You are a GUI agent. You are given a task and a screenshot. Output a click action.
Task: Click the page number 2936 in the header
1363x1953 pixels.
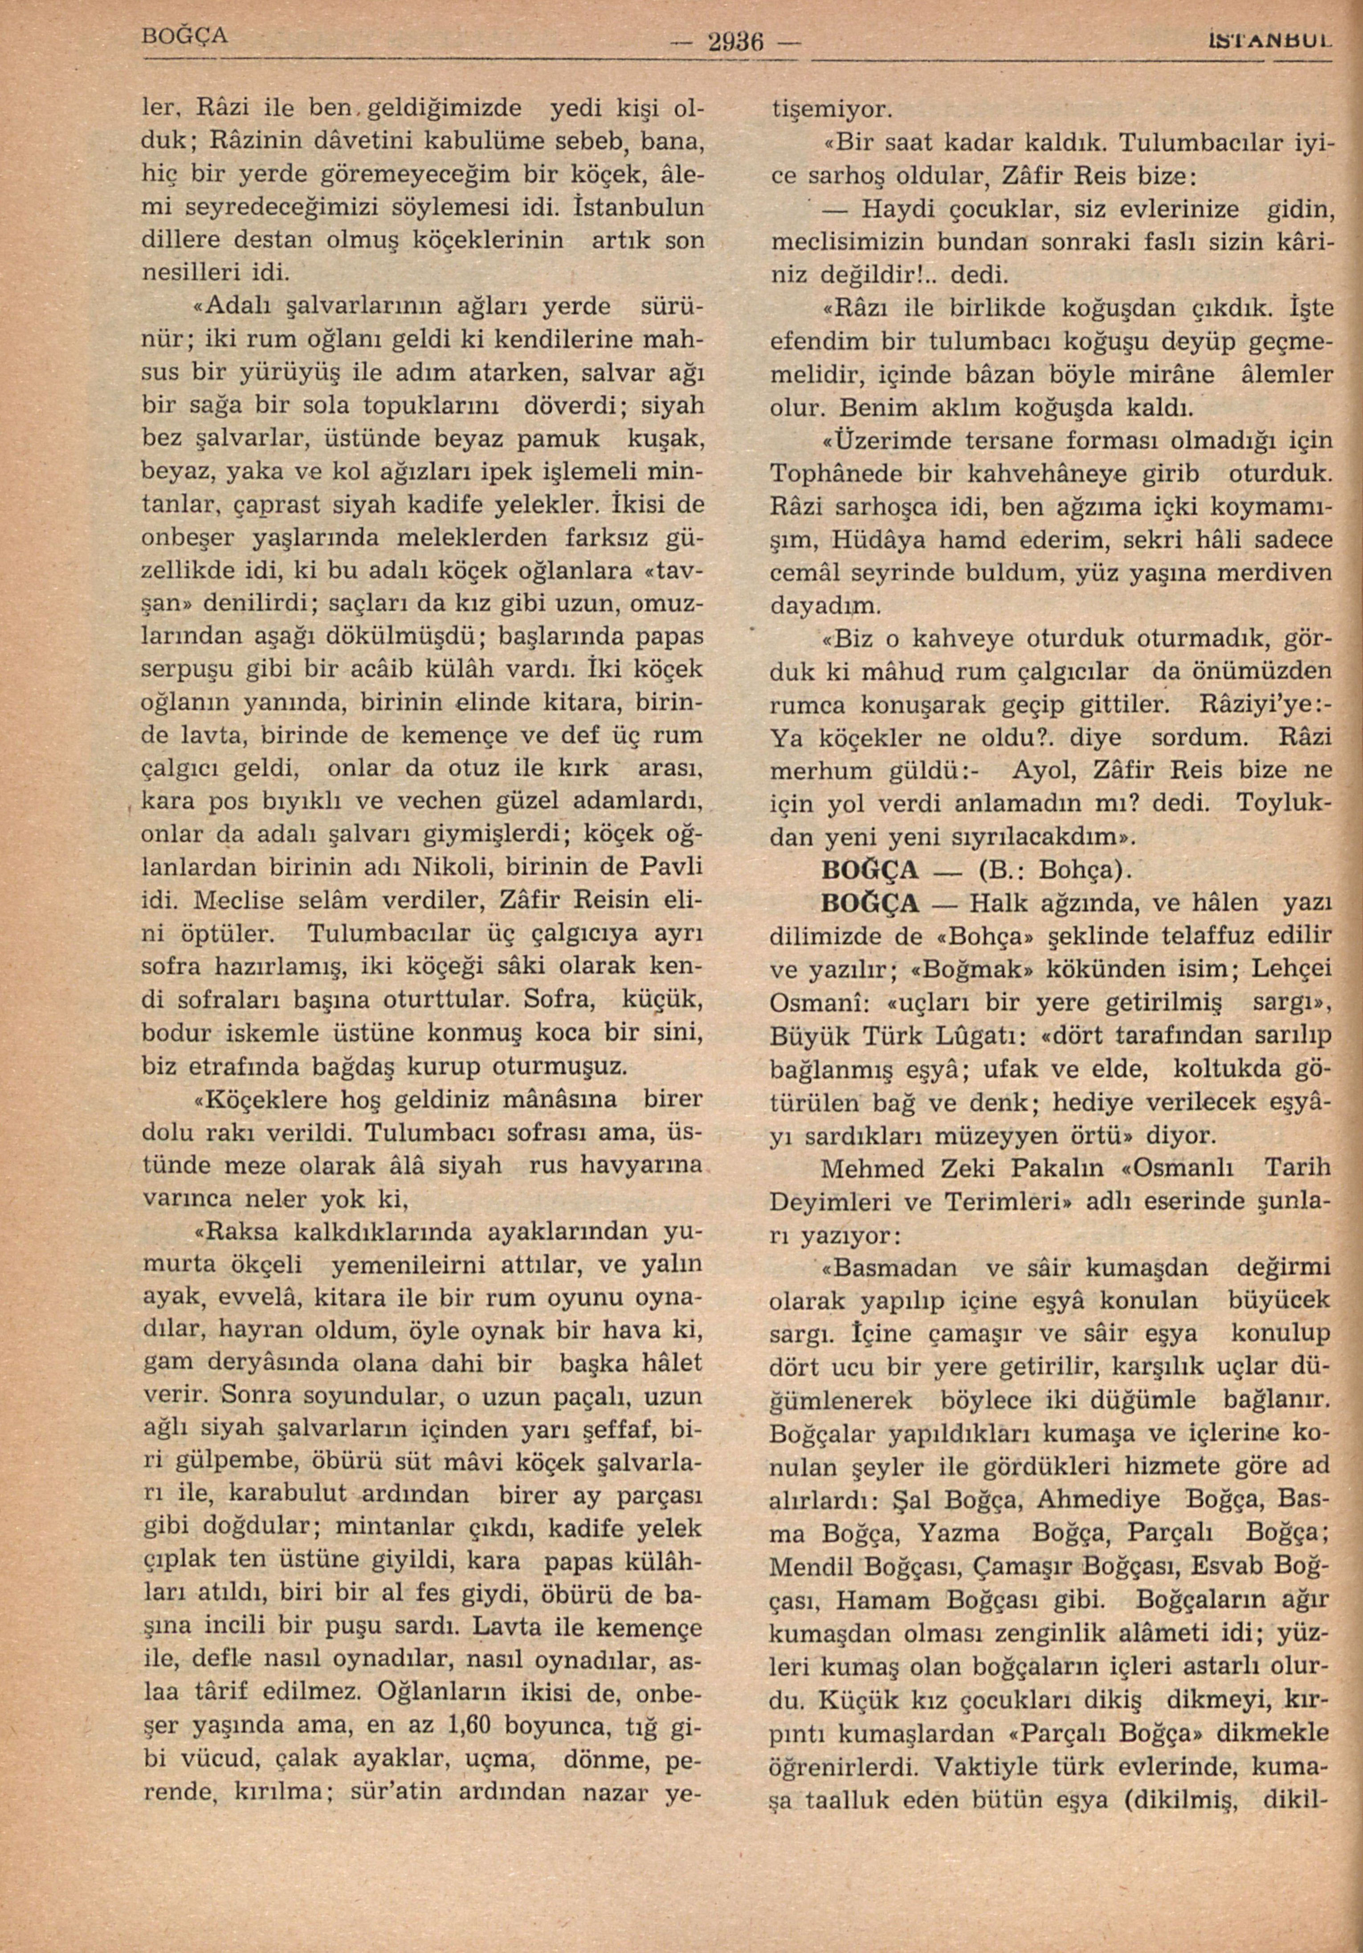click(x=736, y=41)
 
